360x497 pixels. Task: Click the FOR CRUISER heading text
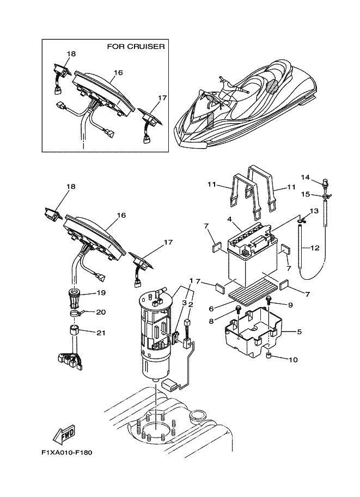point(136,46)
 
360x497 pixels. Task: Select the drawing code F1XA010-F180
point(67,452)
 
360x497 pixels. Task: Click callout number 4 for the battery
point(230,219)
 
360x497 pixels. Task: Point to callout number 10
point(294,360)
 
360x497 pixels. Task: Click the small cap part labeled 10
point(269,355)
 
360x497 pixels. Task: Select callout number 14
point(306,177)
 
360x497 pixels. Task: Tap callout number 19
point(101,293)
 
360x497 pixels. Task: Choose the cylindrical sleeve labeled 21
point(74,330)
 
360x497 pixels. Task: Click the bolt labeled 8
point(237,309)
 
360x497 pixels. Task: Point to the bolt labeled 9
point(269,299)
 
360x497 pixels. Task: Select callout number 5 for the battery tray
point(300,332)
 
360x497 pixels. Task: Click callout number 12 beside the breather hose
point(315,248)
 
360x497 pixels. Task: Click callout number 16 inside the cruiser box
point(118,72)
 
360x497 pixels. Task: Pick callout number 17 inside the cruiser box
point(162,98)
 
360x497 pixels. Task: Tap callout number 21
point(101,333)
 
